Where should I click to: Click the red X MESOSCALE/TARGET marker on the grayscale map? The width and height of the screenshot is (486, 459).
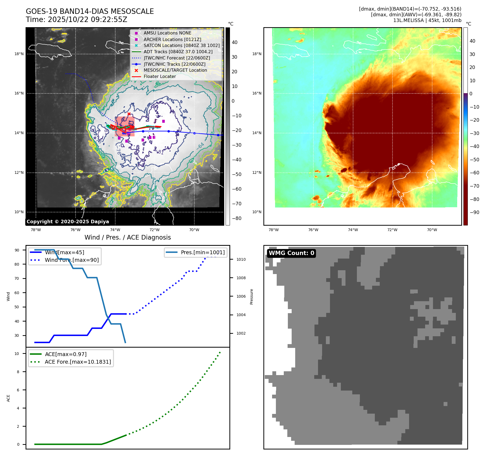coord(129,114)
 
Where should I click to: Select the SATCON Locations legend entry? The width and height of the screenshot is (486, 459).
coord(181,45)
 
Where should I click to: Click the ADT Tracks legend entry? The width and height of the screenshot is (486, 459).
coord(178,52)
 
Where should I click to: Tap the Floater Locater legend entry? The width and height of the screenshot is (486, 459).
coord(160,76)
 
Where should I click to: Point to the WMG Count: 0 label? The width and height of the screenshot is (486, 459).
coord(291,253)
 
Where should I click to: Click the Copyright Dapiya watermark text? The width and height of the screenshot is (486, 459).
coord(68,222)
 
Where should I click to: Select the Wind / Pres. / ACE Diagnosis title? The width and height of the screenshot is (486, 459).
coord(127,237)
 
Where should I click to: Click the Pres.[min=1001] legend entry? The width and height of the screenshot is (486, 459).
coord(202,252)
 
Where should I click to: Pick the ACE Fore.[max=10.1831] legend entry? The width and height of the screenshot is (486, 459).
coord(78,362)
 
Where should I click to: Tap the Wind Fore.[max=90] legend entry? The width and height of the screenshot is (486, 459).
coord(71,260)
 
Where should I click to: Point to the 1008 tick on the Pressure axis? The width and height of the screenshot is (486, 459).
coord(241,278)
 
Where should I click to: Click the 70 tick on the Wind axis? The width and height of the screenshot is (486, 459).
coord(17,278)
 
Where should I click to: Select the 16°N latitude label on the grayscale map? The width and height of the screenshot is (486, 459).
coord(19,93)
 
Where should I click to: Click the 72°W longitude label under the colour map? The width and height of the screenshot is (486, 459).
coord(392,230)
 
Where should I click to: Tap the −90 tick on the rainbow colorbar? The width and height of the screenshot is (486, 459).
coord(474,212)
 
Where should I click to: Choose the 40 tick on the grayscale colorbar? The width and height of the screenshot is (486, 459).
coord(234,42)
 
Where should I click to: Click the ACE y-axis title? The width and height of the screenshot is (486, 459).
coord(8,398)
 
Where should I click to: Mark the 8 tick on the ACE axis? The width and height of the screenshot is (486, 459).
coord(18,372)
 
